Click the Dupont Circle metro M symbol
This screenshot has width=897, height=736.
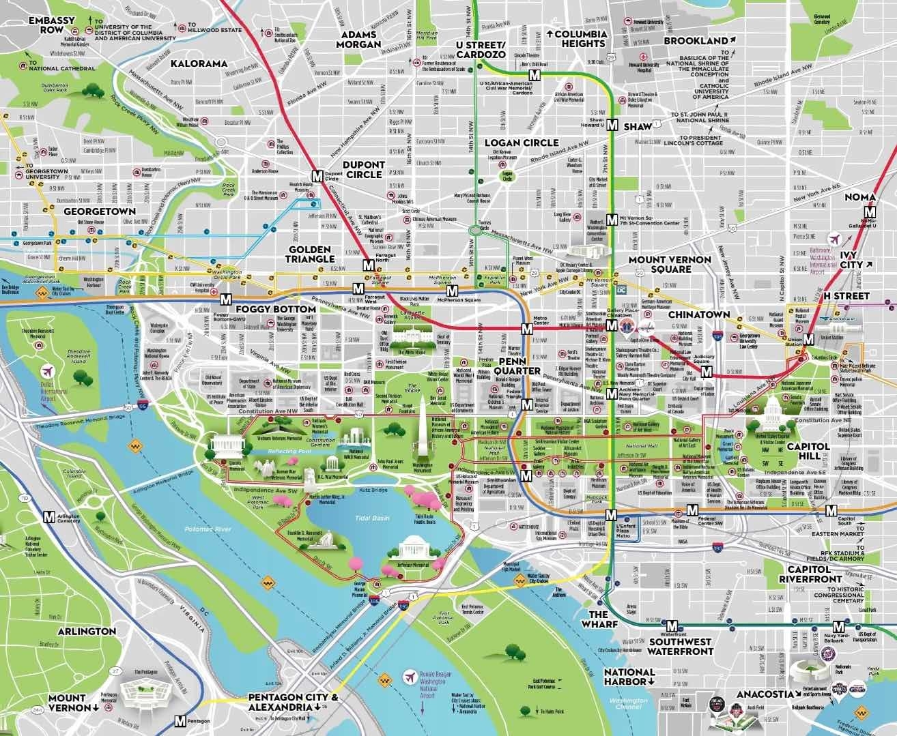coord(317,175)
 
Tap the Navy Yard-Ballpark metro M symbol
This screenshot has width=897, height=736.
coord(838,627)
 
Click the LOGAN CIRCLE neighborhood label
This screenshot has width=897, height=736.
coord(530,143)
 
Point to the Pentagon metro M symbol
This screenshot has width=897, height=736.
coord(180,720)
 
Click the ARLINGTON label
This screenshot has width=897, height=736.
coord(87,631)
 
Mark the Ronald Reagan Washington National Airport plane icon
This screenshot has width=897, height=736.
coord(410,677)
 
